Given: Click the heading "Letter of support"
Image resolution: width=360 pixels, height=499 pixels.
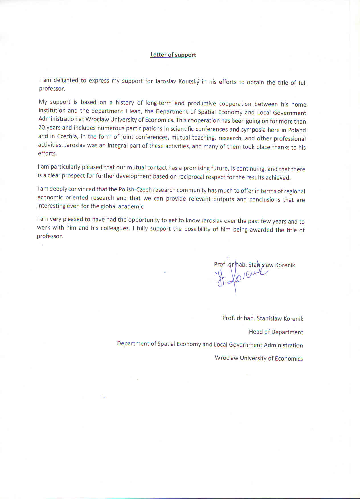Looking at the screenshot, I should pos(173,55).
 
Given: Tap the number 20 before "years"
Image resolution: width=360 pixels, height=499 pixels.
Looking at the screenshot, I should pos(42,127).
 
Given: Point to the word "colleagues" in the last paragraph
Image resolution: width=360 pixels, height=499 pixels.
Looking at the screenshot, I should pos(115,228).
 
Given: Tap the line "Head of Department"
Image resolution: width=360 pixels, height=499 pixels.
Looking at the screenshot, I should pos(276,332).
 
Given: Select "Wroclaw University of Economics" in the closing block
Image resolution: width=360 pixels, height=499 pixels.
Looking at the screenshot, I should pos(259,358).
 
